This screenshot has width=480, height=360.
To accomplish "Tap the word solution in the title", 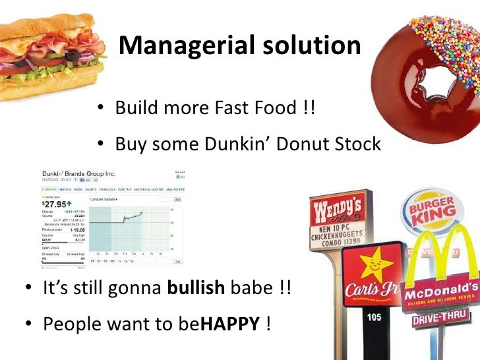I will click(309, 45).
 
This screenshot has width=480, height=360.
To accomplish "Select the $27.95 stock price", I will click(53, 204).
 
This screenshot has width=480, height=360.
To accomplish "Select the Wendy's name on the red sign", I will click(338, 214).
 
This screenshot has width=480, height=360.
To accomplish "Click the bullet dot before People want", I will click(30, 324).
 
